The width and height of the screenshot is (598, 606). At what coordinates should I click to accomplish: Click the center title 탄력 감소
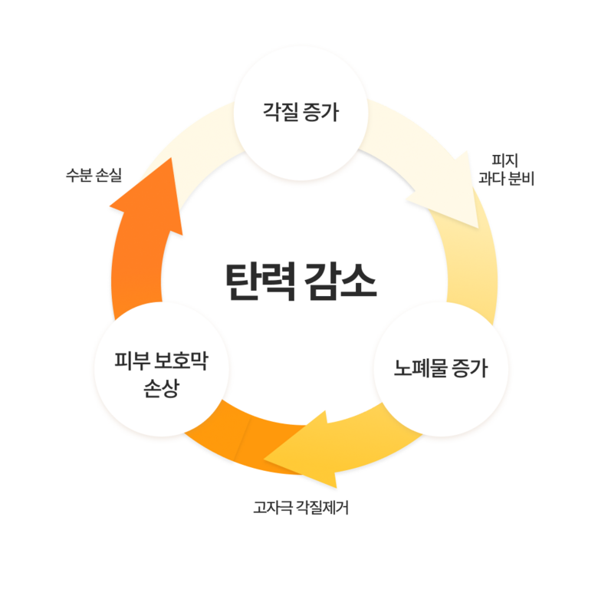(301, 282)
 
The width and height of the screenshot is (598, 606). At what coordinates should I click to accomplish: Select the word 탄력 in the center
(261, 282)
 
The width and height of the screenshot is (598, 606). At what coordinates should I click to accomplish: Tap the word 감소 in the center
(340, 282)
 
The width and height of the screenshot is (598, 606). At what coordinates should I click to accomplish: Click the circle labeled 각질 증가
(301, 113)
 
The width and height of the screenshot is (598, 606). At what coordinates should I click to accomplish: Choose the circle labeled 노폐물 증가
(441, 369)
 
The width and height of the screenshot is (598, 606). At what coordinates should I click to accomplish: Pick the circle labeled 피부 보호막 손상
(162, 369)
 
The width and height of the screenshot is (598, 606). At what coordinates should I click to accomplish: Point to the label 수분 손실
(94, 175)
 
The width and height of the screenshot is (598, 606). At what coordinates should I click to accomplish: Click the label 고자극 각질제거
(301, 508)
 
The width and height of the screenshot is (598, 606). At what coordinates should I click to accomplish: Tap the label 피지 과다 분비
(506, 170)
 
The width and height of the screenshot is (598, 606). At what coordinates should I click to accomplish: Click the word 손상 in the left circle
(162, 388)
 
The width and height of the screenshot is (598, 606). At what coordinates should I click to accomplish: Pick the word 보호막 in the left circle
(181, 361)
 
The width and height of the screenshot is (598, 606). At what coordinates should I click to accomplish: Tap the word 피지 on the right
(505, 160)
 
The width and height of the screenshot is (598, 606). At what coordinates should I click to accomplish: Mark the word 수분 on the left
(79, 175)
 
